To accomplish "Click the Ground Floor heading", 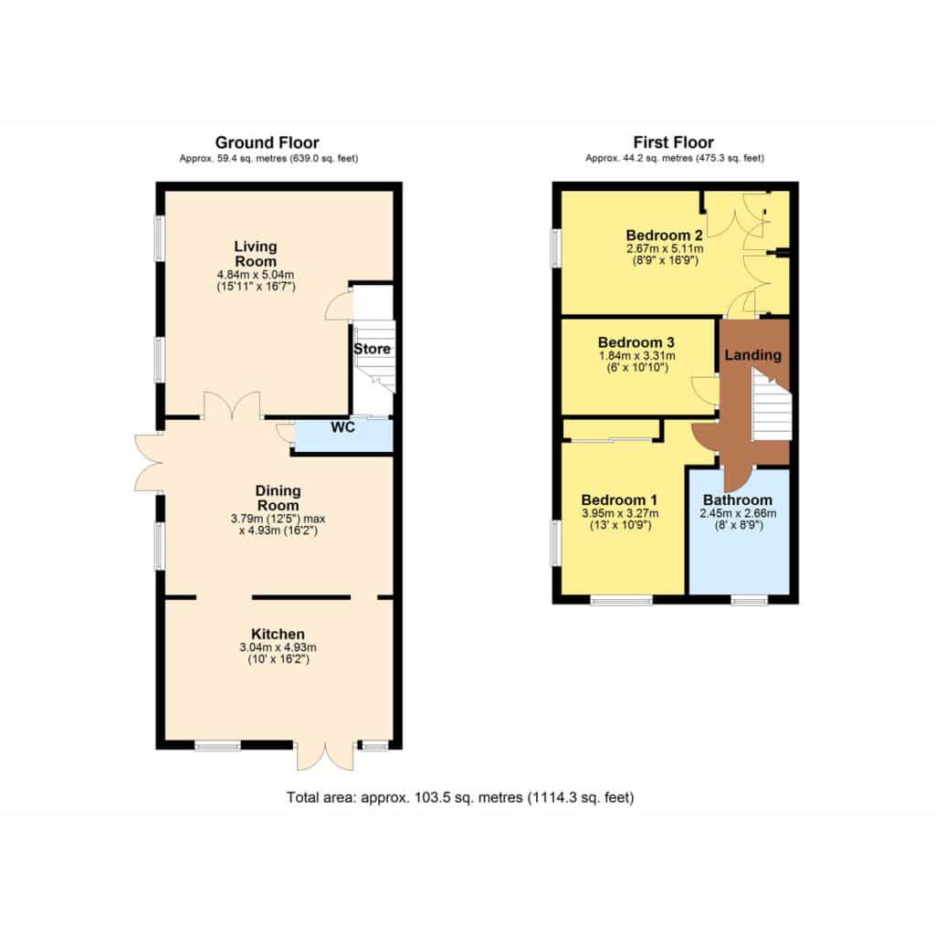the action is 268,143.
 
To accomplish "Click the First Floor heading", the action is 673,142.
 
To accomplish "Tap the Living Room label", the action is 256,254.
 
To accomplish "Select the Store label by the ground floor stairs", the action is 373,349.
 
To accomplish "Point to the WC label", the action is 343,427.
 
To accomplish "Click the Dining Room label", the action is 278,498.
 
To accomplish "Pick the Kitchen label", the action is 278,634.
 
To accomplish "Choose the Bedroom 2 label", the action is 665,235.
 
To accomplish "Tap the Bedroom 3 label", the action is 636,342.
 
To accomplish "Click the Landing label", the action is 753,355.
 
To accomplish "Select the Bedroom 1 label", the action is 620,499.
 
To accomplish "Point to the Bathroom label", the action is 738,499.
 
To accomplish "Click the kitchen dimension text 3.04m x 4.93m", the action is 278,647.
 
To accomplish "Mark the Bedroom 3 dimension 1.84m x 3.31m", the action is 637,356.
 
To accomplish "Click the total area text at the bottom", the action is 460,797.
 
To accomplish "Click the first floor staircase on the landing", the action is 771,405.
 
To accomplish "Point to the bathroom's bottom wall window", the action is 750,599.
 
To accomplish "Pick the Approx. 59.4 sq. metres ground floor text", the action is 269,159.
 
